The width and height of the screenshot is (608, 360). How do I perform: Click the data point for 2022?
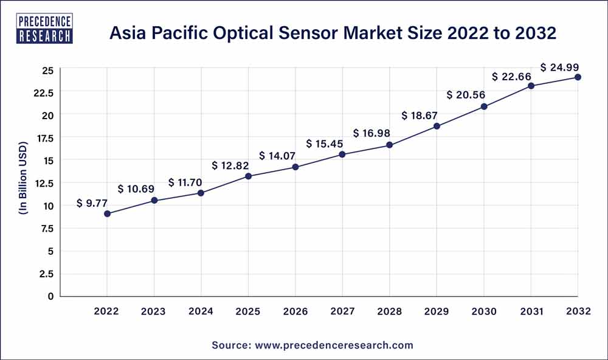click(107, 213)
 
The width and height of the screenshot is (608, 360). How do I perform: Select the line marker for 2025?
click(248, 176)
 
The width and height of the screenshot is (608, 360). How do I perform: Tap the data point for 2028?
click(390, 145)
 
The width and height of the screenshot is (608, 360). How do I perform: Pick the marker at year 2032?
click(578, 77)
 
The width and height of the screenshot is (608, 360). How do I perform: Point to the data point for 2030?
click(484, 106)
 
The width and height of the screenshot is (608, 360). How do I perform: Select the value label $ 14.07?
click(279, 156)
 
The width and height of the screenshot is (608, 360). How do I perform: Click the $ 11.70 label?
click(185, 182)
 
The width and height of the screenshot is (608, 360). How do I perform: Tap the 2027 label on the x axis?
click(342, 311)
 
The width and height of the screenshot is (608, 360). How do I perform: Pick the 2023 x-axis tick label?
click(154, 311)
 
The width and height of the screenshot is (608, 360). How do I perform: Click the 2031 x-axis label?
click(531, 311)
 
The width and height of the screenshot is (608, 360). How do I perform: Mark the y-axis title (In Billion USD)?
click(23, 182)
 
